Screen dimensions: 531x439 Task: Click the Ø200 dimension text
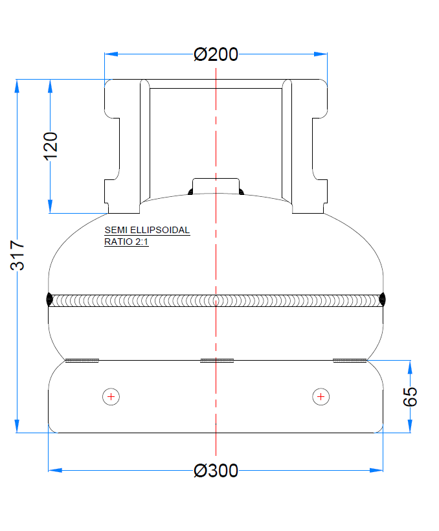(x=216, y=54)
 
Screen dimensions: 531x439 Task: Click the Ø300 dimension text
(x=216, y=471)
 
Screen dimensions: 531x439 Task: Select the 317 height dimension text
(x=17, y=255)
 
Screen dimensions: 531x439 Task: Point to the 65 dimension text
(x=411, y=396)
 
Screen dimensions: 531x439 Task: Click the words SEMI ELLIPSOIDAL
(x=147, y=231)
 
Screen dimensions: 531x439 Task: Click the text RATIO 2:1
(x=126, y=242)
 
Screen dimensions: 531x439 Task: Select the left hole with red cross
(x=111, y=396)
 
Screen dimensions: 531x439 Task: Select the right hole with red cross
(x=321, y=396)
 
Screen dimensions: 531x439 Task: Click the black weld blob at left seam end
(x=50, y=299)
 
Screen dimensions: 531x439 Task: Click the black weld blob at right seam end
(x=382, y=299)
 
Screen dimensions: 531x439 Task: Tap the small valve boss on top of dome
(x=216, y=185)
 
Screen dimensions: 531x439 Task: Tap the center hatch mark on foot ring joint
(x=216, y=360)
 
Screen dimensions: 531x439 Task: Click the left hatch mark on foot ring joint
(x=82, y=360)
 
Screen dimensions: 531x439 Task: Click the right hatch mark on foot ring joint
(x=350, y=360)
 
